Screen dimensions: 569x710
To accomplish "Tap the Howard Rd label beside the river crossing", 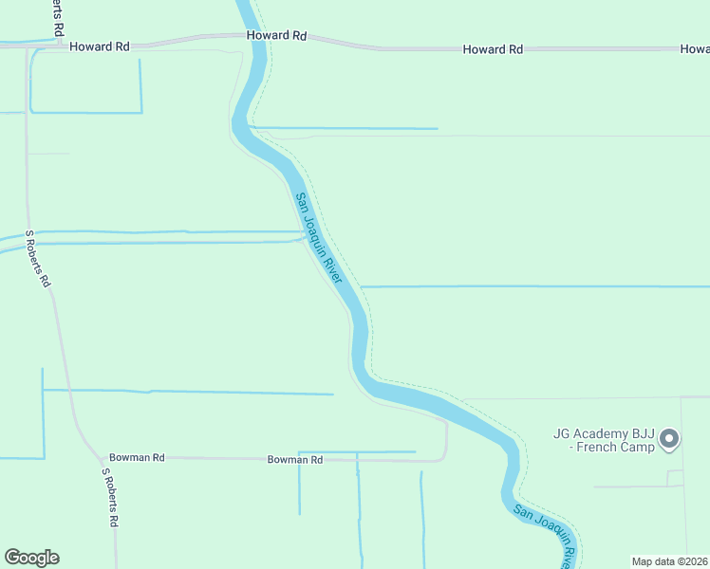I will click(277, 35).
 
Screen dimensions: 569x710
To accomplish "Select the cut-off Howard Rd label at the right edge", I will click(695, 48).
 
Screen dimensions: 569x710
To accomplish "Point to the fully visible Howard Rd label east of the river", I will click(494, 48).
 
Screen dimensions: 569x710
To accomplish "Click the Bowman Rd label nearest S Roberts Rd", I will click(137, 457).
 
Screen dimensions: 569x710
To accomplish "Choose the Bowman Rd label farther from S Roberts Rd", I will click(295, 459).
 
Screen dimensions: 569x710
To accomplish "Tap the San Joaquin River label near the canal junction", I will click(317, 236).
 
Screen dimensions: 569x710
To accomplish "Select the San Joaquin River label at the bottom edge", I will click(546, 536).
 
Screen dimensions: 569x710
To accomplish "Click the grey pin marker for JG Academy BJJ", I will click(669, 439).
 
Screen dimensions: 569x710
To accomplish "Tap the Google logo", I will click(31, 558).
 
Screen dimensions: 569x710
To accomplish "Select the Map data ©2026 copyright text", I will click(669, 560).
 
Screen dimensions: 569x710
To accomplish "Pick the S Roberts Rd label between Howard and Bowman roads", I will click(39, 259).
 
